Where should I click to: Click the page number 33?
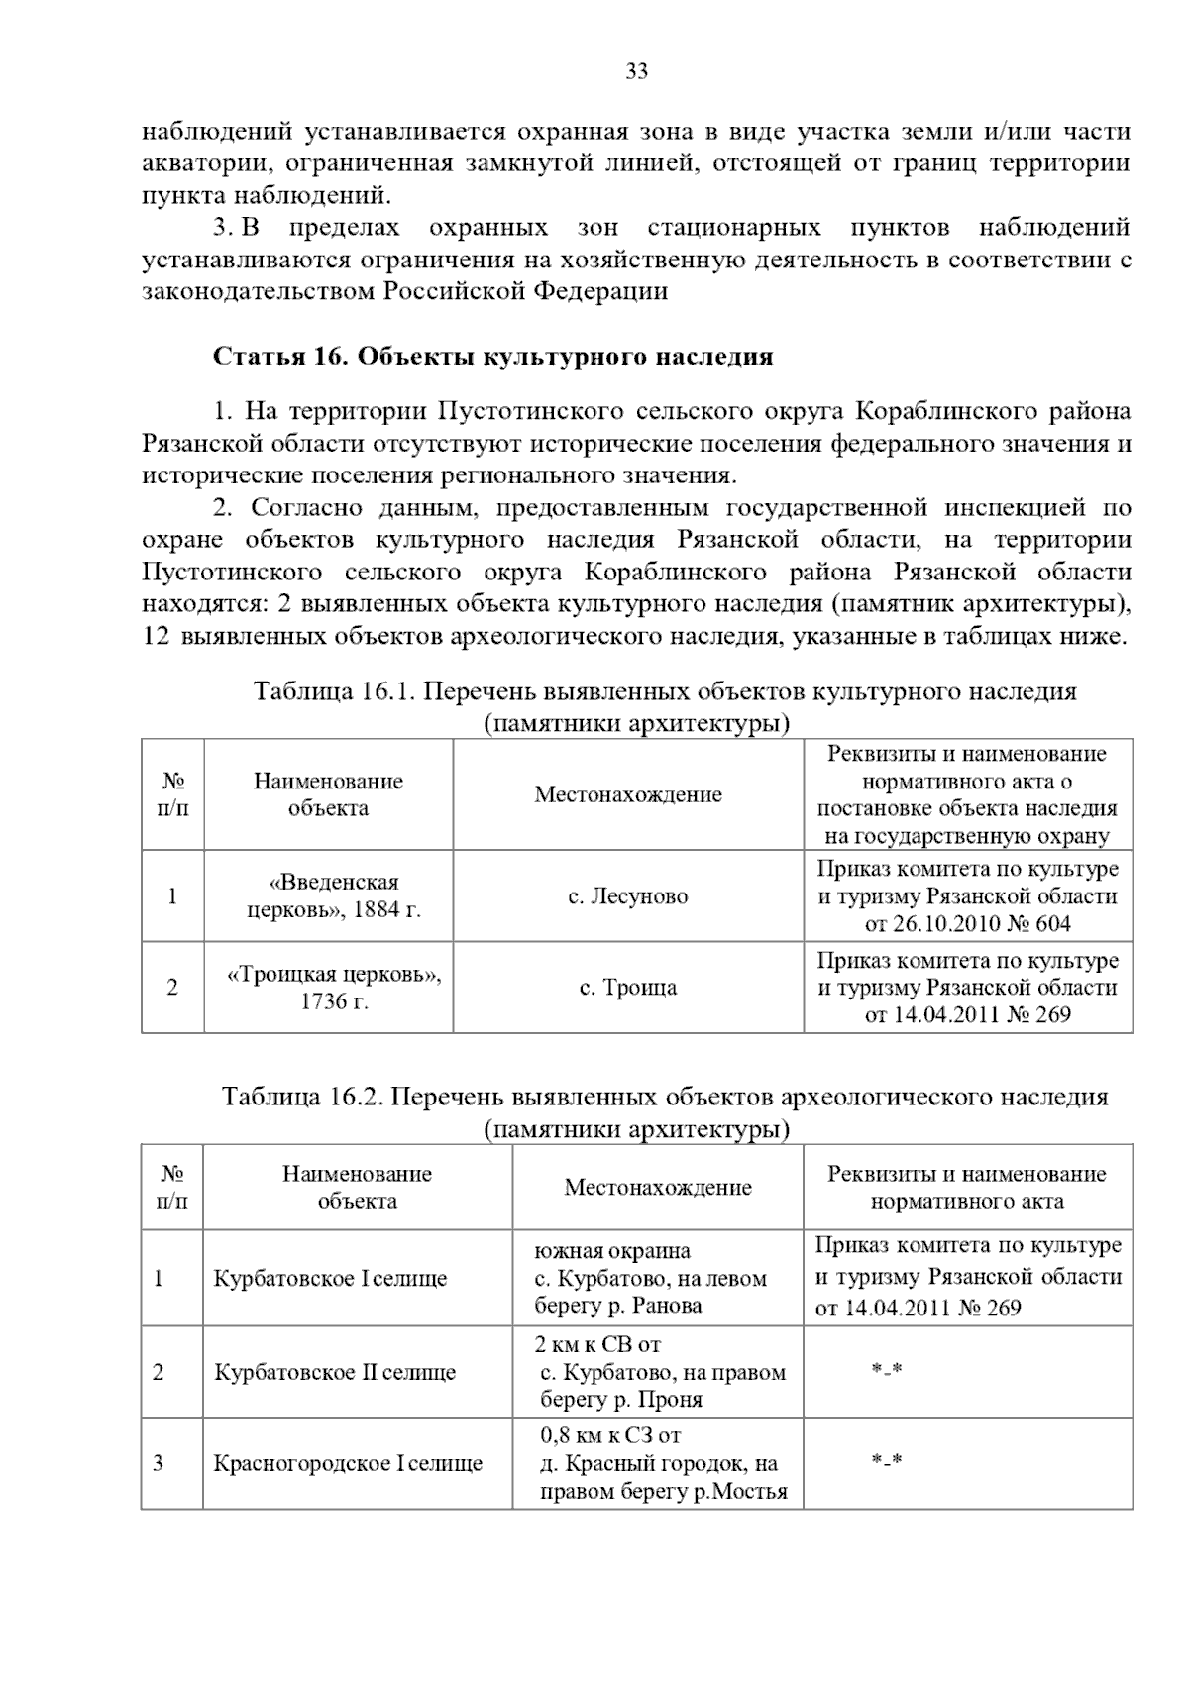tap(637, 71)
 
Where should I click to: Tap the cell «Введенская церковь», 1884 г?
tap(334, 895)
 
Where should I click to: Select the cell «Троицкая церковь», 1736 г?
tap(334, 988)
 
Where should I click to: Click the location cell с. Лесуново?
tap(627, 896)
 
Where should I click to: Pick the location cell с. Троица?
tap(627, 988)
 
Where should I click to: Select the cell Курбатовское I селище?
tap(330, 1278)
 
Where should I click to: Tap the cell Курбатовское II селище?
tap(334, 1373)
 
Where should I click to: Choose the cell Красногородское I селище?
tap(348, 1463)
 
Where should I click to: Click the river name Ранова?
tap(670, 1306)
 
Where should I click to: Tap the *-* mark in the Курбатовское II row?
tap(886, 1370)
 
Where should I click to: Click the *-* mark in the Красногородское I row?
tap(886, 1461)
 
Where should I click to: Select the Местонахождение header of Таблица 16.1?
tap(627, 794)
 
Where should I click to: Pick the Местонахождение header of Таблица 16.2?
tap(657, 1187)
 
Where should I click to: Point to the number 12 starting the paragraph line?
tap(156, 636)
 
